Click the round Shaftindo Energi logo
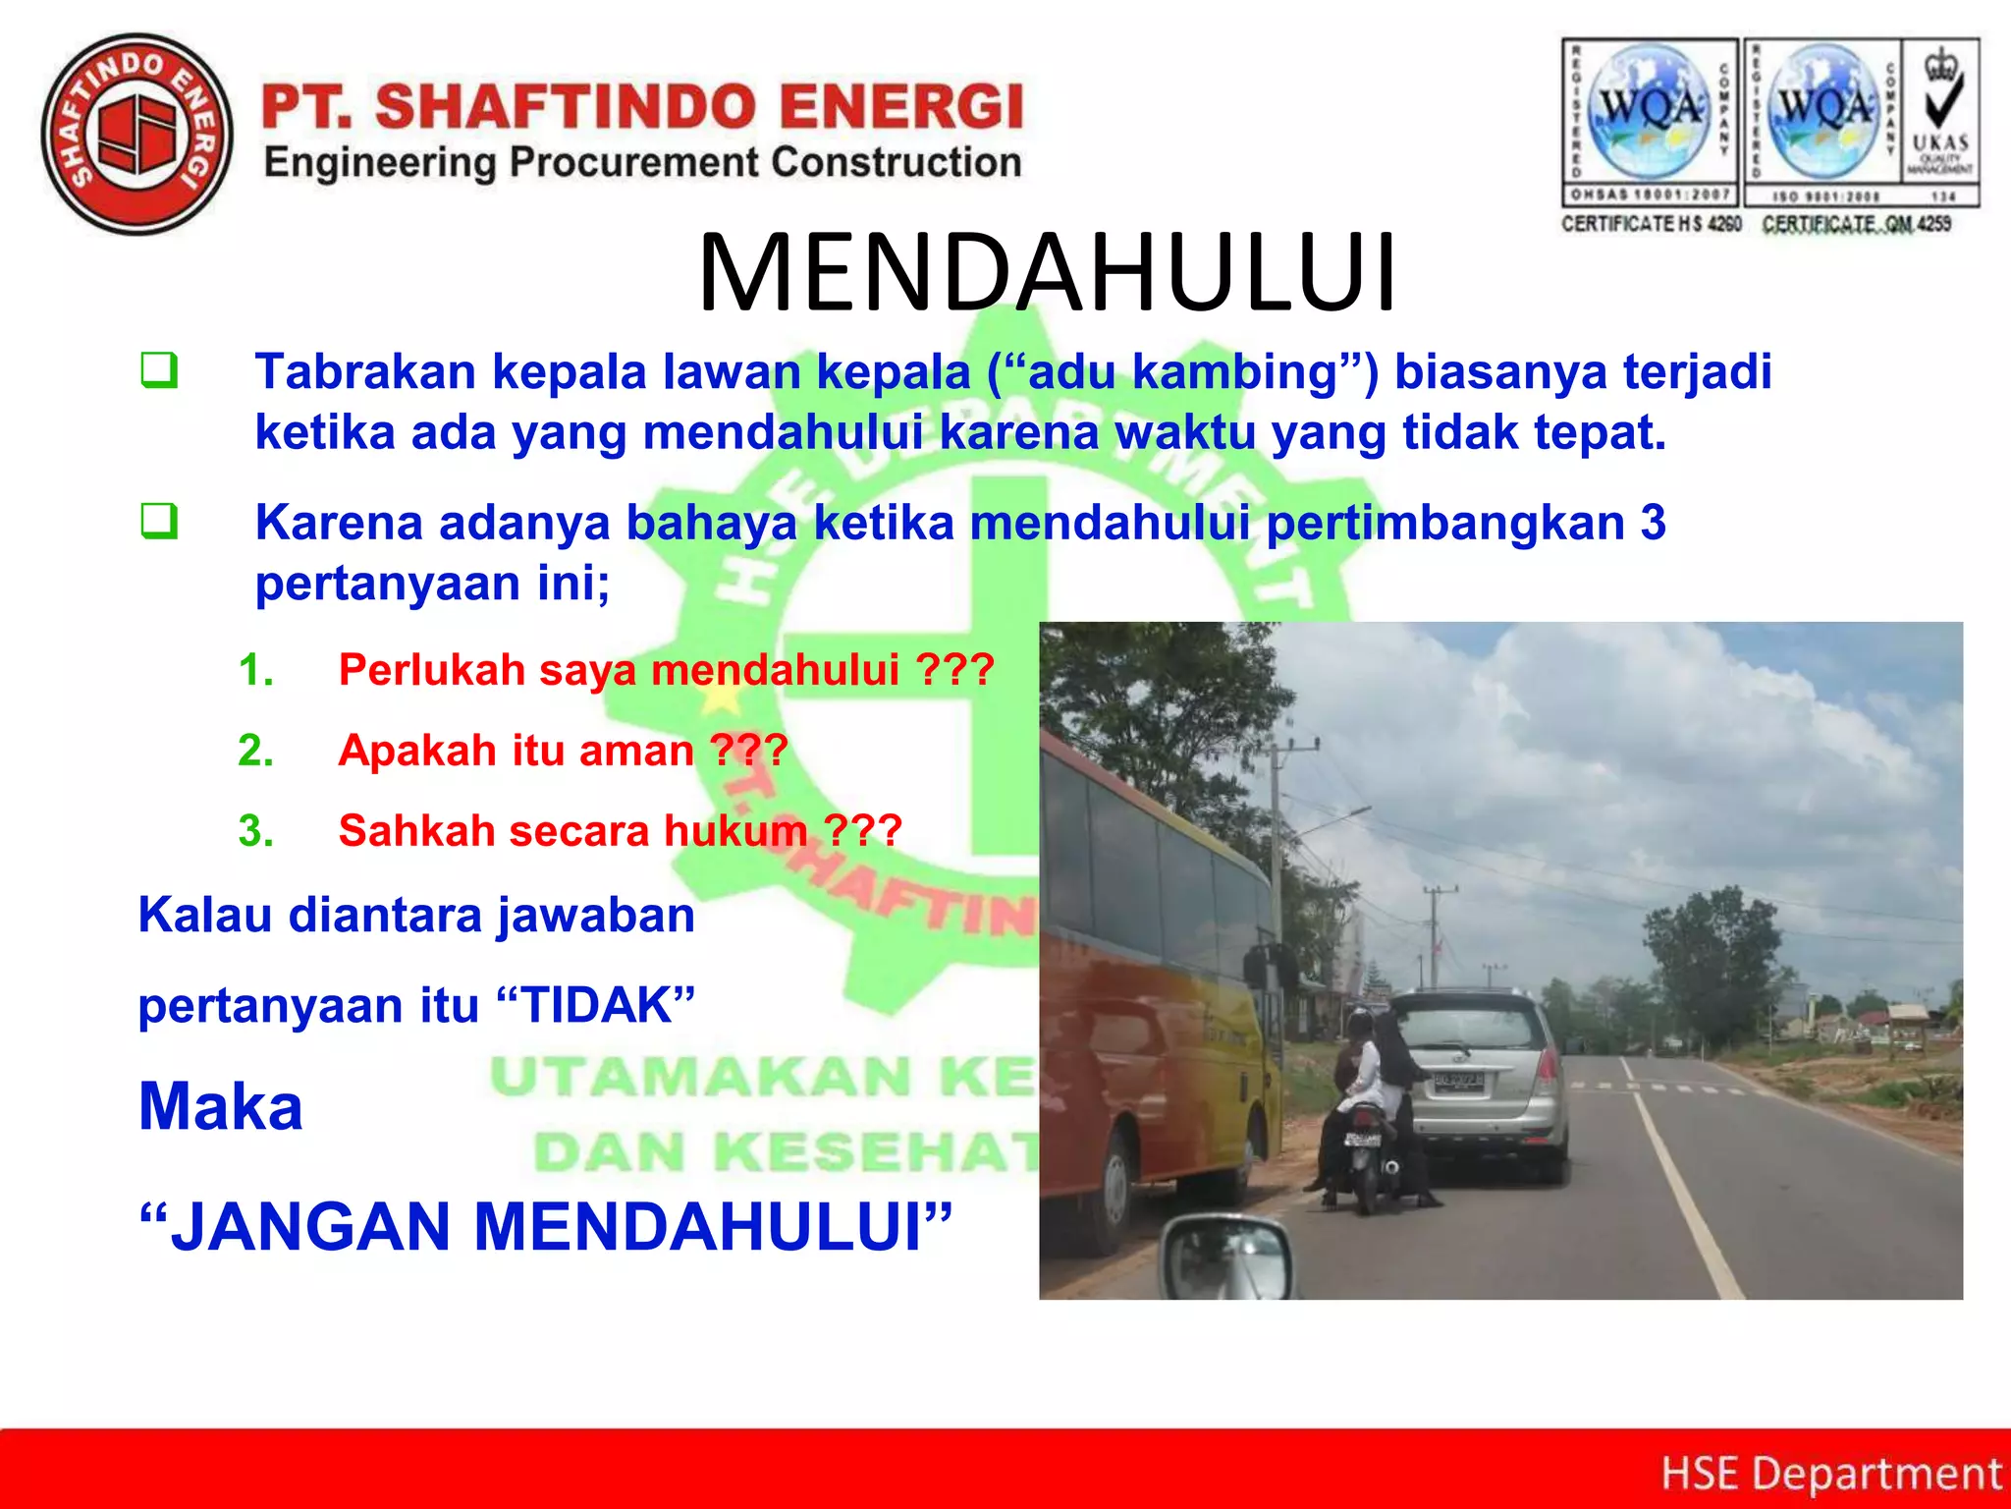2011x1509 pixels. tap(137, 134)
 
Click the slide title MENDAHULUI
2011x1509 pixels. tap(1047, 273)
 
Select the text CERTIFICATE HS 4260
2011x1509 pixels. tap(1651, 224)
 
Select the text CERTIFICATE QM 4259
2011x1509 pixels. tap(1856, 224)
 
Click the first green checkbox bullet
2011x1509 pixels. tap(159, 370)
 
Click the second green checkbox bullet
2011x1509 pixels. tap(159, 521)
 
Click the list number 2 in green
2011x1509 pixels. tap(254, 751)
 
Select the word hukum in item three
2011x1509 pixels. tap(735, 831)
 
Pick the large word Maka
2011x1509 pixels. tap(221, 1106)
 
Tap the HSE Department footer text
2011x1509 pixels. tap(1830, 1474)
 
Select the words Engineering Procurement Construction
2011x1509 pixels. tap(642, 162)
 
